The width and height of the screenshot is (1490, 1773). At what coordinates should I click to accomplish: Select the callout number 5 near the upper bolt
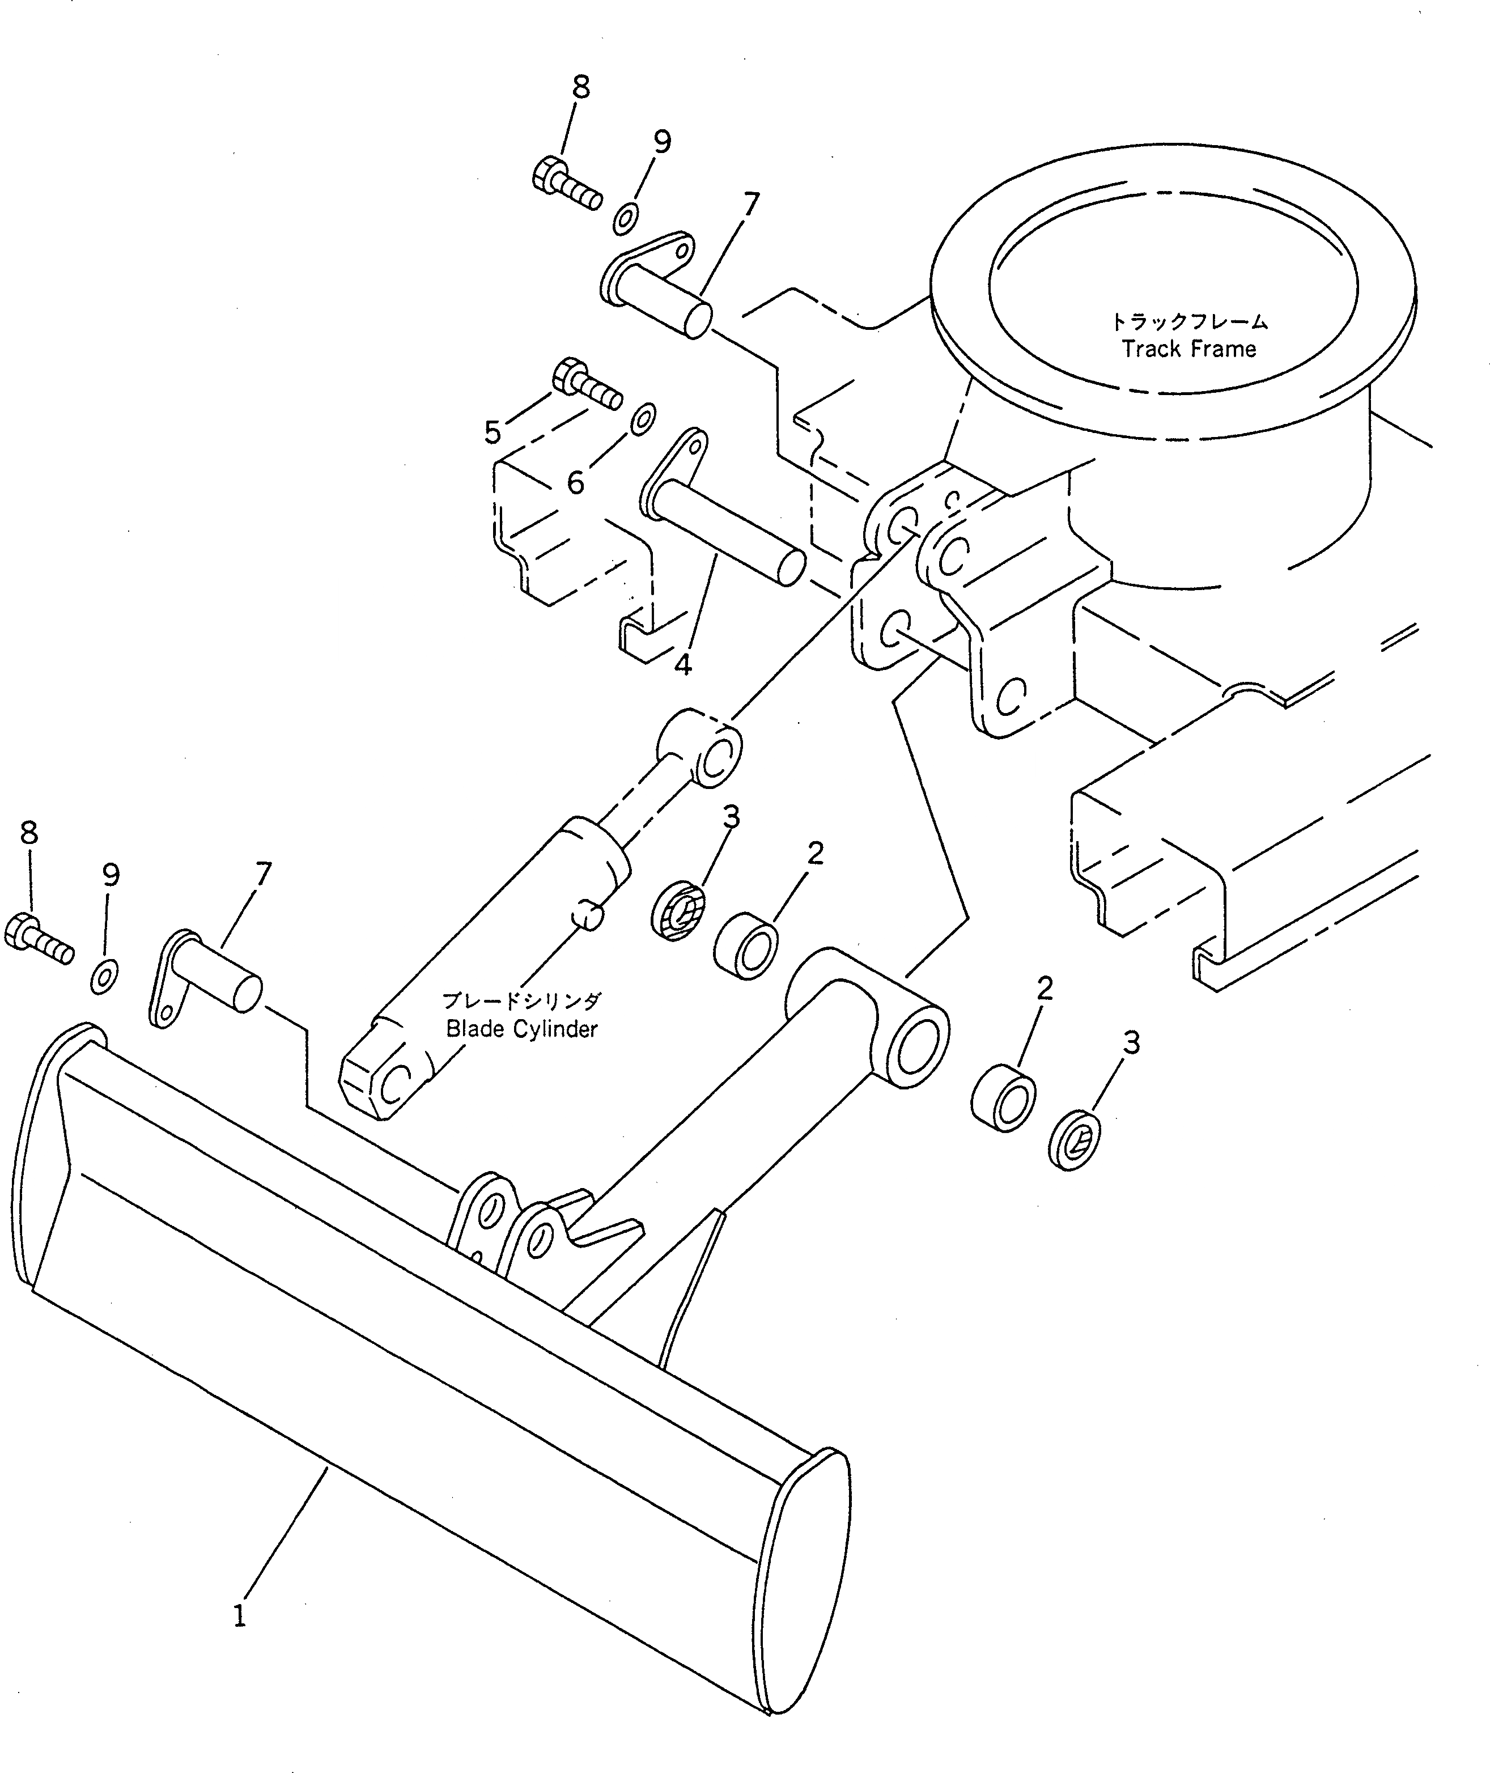point(493,433)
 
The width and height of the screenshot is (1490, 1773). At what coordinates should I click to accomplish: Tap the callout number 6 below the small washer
point(575,482)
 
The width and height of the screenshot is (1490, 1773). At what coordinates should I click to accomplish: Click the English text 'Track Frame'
point(1188,349)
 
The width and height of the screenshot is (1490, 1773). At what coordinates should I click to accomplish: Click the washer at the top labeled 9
point(626,219)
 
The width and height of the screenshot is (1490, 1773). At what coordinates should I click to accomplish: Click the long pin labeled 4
point(727,531)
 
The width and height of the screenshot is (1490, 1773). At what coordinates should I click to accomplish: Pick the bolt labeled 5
point(587,384)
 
